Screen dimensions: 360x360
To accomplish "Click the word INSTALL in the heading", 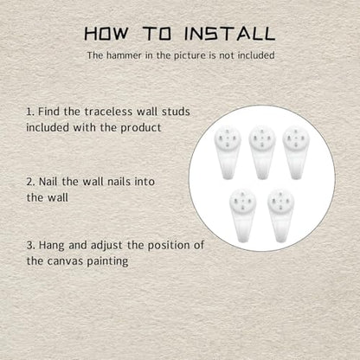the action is pos(229,34).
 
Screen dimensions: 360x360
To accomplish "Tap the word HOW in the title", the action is pos(106,34).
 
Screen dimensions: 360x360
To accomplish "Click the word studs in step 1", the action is pos(176,112).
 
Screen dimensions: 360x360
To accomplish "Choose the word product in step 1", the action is pos(141,128).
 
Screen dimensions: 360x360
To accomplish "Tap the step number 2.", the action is pos(30,182).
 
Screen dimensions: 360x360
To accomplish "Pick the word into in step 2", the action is pos(145,182).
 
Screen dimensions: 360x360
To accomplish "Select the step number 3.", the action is pos(30,246).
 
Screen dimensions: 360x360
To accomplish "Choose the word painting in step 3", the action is pos(107,262).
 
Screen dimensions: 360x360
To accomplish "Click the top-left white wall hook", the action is pos(228,152).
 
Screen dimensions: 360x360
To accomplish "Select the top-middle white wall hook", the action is pos(262,152).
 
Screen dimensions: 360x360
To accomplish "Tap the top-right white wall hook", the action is pos(296,152).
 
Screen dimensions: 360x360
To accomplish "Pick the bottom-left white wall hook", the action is pos(242,215).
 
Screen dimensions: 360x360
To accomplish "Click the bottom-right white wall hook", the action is pos(280,215).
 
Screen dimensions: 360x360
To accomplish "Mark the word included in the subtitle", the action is pos(255,55).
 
